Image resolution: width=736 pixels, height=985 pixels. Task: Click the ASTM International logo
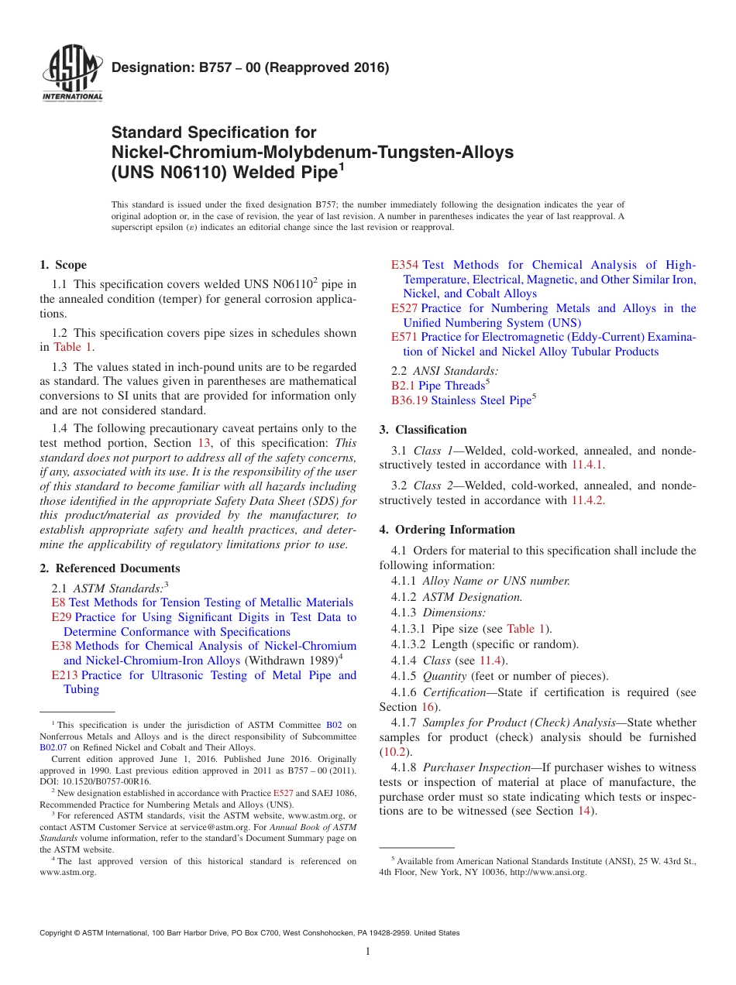[x=71, y=76]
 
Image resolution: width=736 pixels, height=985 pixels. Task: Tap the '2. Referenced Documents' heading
[x=109, y=568]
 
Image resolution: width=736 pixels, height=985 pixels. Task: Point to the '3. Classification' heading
[x=423, y=430]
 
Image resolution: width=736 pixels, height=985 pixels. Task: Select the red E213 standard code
[x=64, y=675]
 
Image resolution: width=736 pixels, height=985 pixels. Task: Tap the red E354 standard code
[x=405, y=265]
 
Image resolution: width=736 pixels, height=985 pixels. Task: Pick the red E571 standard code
[x=404, y=338]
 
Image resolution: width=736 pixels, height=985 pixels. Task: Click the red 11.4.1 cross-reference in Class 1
[x=586, y=465]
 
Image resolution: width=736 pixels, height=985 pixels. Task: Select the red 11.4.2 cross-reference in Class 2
[x=586, y=500]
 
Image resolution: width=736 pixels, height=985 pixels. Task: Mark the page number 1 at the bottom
[x=368, y=952]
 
